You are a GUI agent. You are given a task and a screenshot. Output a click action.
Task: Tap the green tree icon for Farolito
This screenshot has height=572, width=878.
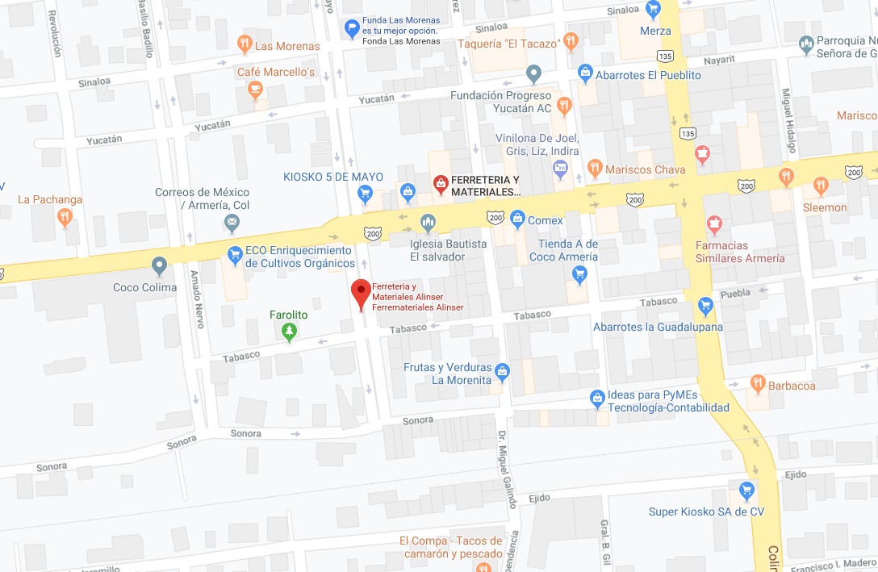[x=290, y=332]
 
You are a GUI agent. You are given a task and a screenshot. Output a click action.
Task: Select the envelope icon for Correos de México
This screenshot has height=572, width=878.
[x=232, y=221]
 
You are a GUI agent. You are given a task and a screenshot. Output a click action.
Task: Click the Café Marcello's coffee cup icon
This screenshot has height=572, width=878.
[x=256, y=90]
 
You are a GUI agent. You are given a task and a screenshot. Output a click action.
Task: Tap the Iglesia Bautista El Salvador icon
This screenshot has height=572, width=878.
[x=428, y=221]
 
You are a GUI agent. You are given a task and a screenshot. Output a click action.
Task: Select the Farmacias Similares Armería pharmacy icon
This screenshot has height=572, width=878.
[x=713, y=223]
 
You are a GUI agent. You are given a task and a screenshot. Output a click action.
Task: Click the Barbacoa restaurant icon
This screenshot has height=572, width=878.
[x=757, y=383]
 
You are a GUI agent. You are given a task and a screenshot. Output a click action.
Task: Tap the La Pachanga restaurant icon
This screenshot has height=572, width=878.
[x=65, y=216]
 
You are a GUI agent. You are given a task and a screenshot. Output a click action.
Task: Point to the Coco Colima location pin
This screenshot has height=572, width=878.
[x=159, y=265]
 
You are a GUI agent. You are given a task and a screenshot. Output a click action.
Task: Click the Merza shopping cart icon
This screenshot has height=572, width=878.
[x=654, y=10]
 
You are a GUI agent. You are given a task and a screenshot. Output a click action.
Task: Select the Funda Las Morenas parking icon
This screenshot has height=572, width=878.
[x=351, y=29]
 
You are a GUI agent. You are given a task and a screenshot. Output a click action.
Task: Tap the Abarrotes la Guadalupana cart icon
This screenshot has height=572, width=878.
[x=706, y=306]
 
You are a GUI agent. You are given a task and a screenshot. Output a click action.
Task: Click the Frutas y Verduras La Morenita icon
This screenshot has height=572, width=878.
[x=503, y=371]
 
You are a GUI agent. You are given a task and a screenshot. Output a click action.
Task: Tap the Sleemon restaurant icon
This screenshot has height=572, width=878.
[x=821, y=186]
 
